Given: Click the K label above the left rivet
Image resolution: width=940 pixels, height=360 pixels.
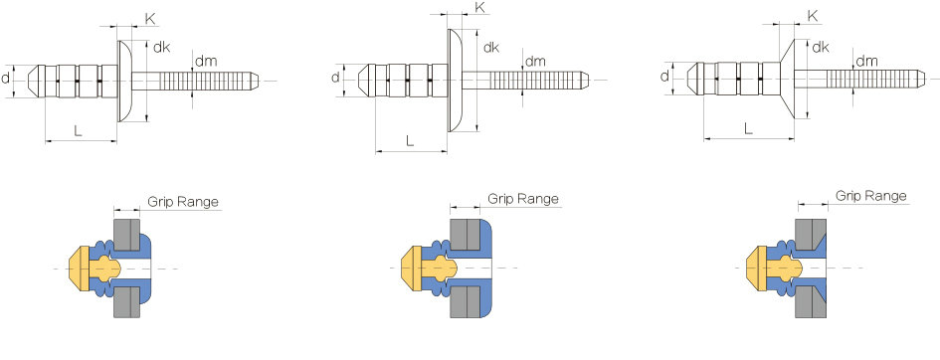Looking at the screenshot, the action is [150, 19].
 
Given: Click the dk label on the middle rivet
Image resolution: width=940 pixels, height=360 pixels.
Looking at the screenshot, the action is [491, 48].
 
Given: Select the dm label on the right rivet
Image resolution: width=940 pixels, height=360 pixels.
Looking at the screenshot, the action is [866, 61].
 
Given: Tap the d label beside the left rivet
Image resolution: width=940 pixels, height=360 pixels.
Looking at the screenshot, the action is [5, 77].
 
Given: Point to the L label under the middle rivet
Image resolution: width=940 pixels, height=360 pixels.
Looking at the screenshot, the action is [410, 141].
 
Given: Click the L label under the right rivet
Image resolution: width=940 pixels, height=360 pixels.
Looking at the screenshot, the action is [748, 127].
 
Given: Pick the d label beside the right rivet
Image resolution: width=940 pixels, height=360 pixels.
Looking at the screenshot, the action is [664, 76].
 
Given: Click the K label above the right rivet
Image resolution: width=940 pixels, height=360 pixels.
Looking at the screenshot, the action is [813, 16].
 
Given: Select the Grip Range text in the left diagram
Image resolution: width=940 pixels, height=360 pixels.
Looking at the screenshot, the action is [183, 202].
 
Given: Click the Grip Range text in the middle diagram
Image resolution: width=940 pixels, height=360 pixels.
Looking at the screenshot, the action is [523, 199].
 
